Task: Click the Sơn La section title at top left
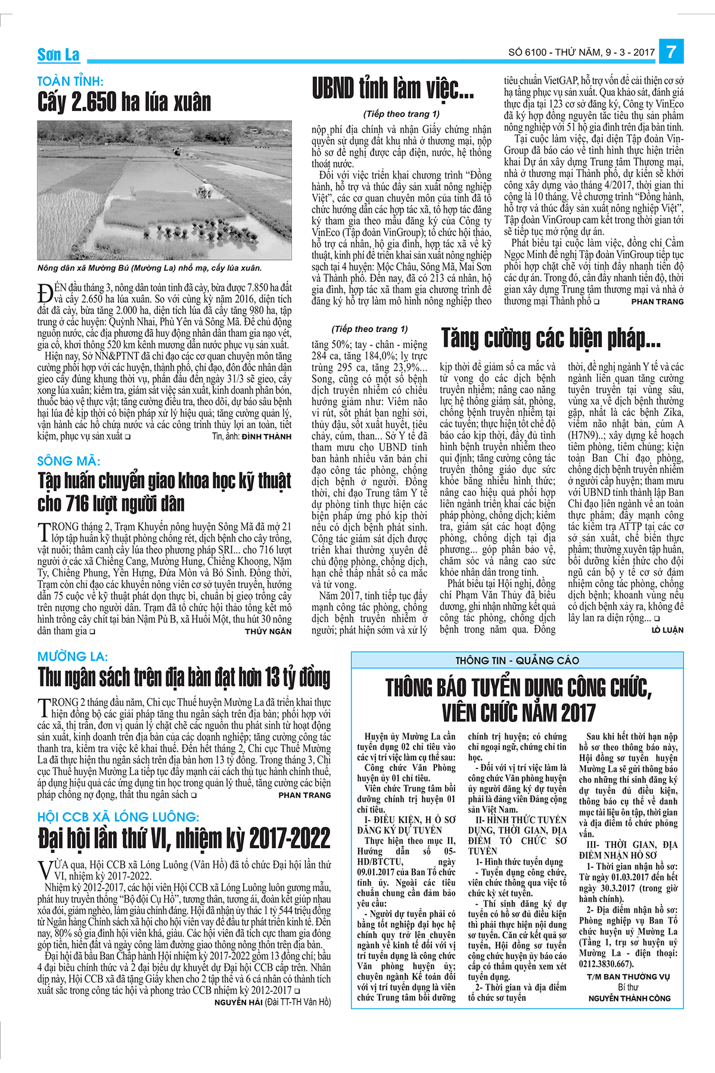(x=58, y=55)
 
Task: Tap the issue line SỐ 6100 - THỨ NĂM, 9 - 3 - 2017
(x=582, y=52)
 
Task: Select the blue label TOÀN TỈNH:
(x=70, y=82)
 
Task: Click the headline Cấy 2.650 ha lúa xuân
(x=125, y=103)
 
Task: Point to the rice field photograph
(x=164, y=190)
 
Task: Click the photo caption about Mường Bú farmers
(x=150, y=268)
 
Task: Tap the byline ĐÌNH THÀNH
(x=266, y=436)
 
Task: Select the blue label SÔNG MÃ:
(x=69, y=461)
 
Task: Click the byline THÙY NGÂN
(x=268, y=631)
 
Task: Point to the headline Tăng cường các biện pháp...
(x=551, y=339)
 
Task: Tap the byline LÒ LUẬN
(x=667, y=630)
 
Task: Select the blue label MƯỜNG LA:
(x=73, y=657)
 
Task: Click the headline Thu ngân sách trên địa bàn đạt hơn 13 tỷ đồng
(x=184, y=678)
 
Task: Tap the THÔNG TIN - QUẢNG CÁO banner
(x=517, y=660)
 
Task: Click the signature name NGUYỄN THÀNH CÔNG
(x=629, y=998)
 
